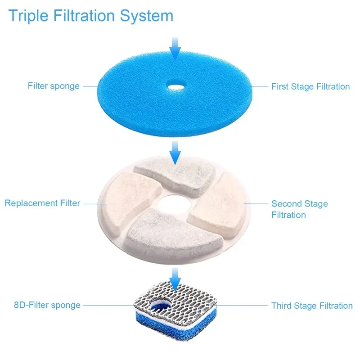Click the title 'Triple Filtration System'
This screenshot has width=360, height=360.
[x=90, y=16]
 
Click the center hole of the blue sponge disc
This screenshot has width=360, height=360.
[x=175, y=85]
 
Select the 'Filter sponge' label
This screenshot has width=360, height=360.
[x=54, y=85]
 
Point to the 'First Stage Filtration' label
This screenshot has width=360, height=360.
[x=310, y=86]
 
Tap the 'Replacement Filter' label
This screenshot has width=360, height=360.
[x=42, y=203]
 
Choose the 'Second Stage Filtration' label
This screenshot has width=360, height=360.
[x=299, y=209]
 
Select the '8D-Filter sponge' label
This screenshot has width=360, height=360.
[x=47, y=305]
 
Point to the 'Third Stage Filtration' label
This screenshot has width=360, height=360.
[x=312, y=306]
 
